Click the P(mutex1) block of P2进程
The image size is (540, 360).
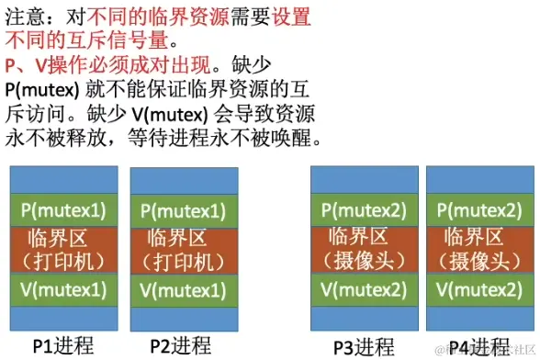183,209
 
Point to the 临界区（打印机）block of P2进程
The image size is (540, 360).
183,249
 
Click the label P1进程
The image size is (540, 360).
62,346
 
